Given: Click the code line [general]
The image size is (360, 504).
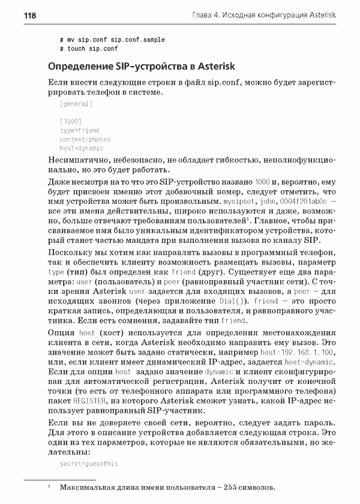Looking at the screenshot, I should (76, 104).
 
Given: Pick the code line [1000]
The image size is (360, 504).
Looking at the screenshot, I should (71, 122).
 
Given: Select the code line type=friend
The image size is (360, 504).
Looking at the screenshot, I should (80, 130).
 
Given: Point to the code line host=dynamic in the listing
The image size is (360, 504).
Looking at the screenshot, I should (82, 148).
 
